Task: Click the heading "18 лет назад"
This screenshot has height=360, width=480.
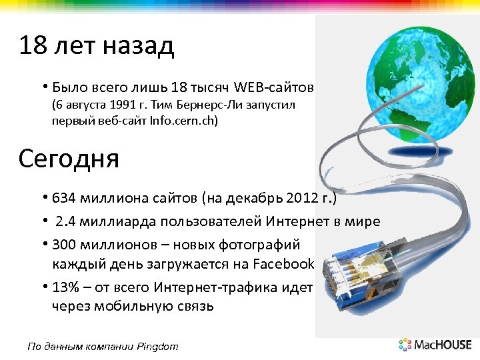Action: pyautogui.click(x=97, y=46)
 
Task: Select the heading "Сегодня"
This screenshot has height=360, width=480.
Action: pyautogui.click(x=69, y=159)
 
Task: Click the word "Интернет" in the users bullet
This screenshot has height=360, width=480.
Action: pyautogui.click(x=298, y=221)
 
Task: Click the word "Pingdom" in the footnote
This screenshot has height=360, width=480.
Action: pyautogui.click(x=157, y=345)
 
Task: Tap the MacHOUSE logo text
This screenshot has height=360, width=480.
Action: pyautogui.click(x=443, y=345)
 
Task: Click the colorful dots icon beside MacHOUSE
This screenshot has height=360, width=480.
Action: pyautogui.click(x=405, y=345)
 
